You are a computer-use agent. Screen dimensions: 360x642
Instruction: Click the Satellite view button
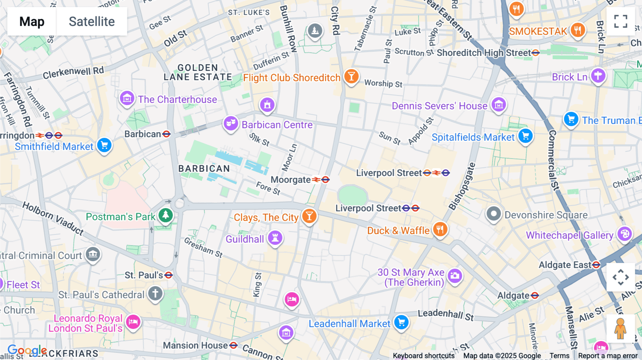(92, 21)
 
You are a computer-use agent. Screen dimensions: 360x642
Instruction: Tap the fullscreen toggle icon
(621, 21)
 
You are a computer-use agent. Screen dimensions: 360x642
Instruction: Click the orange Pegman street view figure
(620, 328)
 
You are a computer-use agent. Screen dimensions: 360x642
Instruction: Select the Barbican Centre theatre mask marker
(231, 123)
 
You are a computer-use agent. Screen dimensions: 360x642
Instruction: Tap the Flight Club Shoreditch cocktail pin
(351, 76)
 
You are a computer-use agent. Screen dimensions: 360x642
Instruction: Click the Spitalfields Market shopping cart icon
(525, 136)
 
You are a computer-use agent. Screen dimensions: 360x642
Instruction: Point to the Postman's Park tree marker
(165, 215)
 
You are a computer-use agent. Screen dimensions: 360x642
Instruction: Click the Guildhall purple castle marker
(275, 237)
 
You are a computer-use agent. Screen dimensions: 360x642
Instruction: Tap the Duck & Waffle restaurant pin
(440, 229)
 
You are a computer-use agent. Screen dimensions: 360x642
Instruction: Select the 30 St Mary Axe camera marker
(455, 276)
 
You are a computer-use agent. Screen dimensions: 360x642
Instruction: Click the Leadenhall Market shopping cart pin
(401, 322)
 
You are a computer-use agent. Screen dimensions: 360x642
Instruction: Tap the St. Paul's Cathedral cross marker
(155, 293)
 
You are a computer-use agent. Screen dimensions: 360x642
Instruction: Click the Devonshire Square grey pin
(494, 214)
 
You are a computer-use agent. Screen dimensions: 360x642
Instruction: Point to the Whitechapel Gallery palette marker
(625, 234)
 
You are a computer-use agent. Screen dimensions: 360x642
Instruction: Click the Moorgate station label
(291, 180)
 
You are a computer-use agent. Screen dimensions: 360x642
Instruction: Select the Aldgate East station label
(565, 265)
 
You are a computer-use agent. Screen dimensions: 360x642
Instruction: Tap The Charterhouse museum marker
(127, 98)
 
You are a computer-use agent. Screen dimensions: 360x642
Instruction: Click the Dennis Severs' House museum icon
(499, 104)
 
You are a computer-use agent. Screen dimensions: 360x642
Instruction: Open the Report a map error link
(608, 355)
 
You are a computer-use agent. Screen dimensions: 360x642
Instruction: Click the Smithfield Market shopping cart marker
(104, 145)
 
